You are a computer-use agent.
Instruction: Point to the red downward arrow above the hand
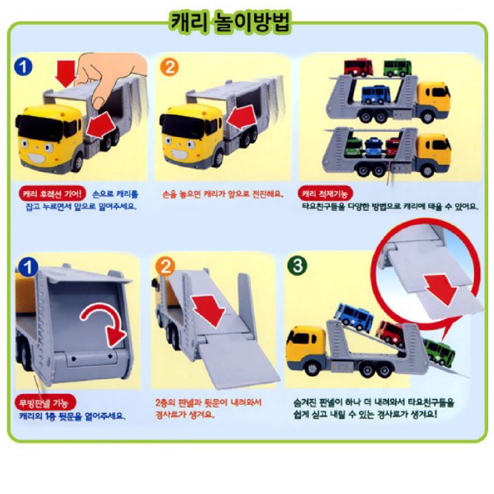point(65,73)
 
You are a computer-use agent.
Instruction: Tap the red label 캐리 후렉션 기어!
point(53,194)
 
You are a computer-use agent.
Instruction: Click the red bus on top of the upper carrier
point(358,67)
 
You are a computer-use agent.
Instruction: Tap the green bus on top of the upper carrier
point(398,68)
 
